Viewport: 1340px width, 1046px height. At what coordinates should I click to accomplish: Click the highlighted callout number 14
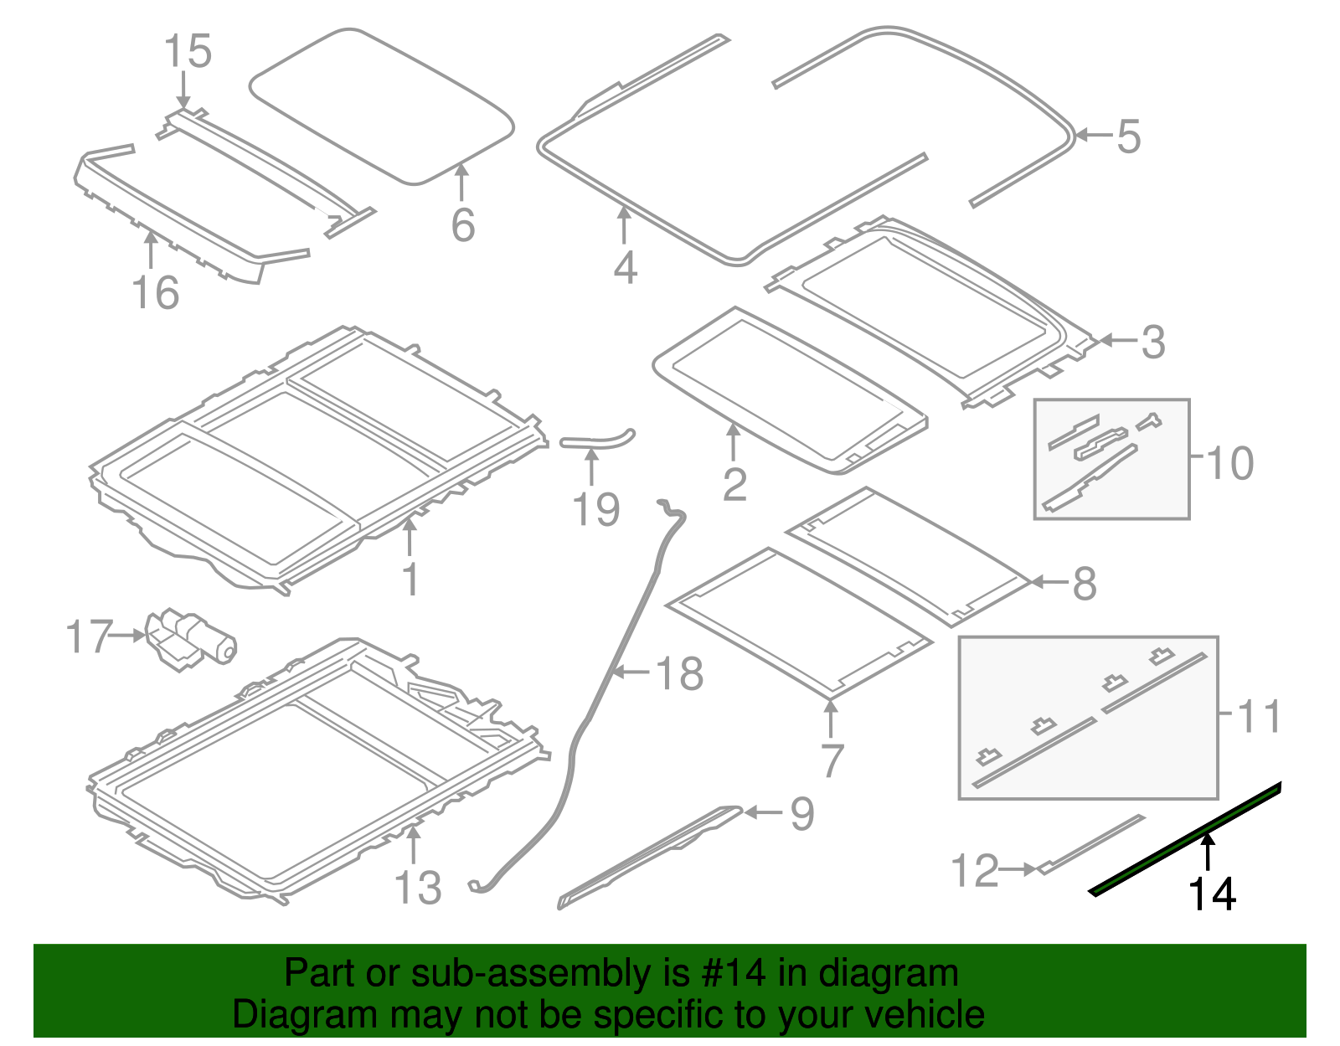1212,894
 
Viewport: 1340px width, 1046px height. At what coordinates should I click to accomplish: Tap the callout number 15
188,52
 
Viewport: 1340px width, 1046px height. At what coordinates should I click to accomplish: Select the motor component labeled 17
191,640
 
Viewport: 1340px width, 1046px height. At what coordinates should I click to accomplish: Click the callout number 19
596,510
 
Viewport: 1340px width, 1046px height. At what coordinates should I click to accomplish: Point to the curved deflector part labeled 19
596,441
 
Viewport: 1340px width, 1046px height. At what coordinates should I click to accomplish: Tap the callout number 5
1128,137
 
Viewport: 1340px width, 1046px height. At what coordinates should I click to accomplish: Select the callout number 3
1153,342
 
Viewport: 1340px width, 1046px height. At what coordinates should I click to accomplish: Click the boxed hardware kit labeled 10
1111,459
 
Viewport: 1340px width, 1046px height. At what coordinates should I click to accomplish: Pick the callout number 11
1259,717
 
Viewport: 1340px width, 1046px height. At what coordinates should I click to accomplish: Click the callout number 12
975,871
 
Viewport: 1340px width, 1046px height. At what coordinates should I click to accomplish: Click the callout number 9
801,814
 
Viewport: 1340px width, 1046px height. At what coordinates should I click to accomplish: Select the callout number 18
679,674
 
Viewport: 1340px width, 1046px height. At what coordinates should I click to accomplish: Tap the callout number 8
1085,584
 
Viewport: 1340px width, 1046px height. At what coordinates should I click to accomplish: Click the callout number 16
156,293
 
